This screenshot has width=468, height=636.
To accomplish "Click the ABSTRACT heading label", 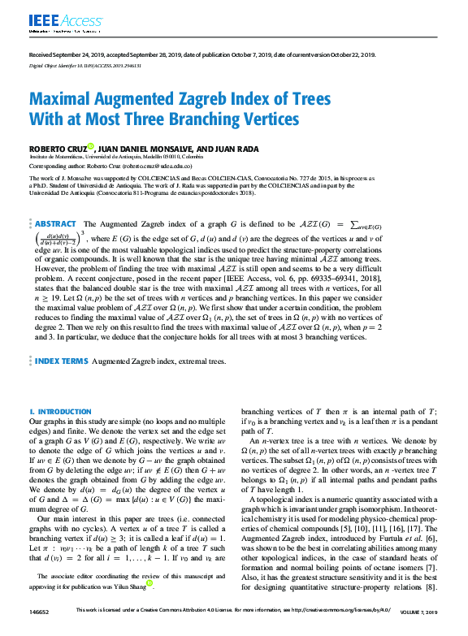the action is coord(54,224).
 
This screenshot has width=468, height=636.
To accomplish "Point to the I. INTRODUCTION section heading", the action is coord(60,412).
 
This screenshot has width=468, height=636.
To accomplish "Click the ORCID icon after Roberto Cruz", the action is coord(91,147).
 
